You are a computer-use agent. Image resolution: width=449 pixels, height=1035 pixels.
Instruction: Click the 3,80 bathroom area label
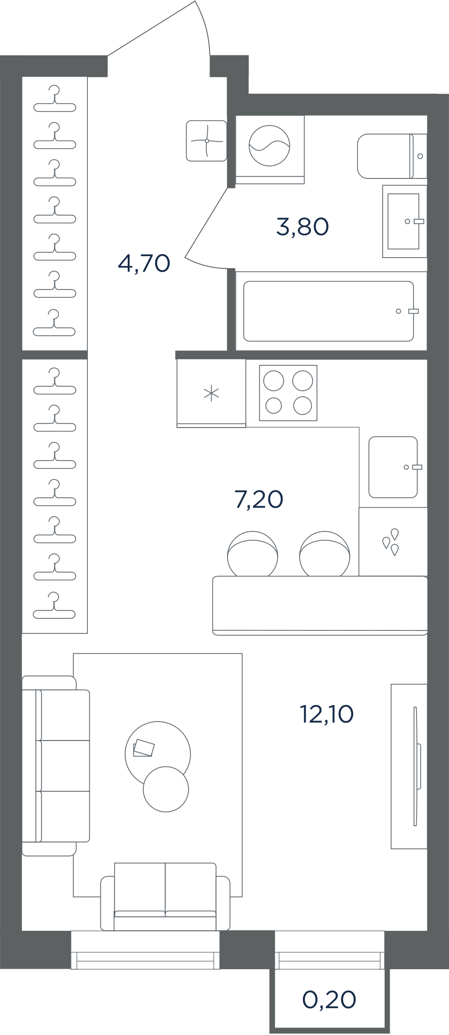click(x=302, y=227)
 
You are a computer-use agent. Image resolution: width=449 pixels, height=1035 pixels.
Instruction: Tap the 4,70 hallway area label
click(x=144, y=263)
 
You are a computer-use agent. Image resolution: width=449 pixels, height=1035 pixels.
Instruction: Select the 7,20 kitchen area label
click(x=259, y=499)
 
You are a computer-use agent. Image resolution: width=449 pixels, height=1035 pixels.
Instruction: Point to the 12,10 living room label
click(x=327, y=714)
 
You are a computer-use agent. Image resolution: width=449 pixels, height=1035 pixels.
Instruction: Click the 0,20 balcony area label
click(x=329, y=1000)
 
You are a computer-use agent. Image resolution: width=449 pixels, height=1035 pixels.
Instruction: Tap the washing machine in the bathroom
click(x=269, y=149)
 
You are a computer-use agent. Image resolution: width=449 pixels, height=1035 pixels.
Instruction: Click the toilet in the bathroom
click(x=392, y=156)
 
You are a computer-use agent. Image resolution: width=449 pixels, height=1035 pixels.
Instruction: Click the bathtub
click(x=329, y=311)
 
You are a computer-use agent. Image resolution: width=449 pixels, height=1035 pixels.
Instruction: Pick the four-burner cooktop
click(x=288, y=393)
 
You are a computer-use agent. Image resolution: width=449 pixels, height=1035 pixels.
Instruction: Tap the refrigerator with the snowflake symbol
click(x=211, y=393)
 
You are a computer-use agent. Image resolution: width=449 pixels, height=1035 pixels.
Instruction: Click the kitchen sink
click(x=393, y=467)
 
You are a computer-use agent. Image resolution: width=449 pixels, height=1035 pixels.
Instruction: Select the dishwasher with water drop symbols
click(x=393, y=542)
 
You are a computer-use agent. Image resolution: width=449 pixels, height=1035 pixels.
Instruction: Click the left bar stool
click(x=252, y=554)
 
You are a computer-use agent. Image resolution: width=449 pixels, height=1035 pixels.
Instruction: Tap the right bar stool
click(x=325, y=554)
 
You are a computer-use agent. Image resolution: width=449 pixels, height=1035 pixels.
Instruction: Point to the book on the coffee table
click(x=144, y=748)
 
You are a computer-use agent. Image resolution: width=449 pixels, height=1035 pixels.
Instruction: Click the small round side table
click(x=166, y=789)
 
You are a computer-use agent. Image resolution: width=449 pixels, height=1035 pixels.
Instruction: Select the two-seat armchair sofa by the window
click(x=165, y=897)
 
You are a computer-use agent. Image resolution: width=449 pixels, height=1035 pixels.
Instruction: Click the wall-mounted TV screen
click(x=416, y=766)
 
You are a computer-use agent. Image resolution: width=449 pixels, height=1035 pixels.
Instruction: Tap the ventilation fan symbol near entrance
click(x=207, y=141)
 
